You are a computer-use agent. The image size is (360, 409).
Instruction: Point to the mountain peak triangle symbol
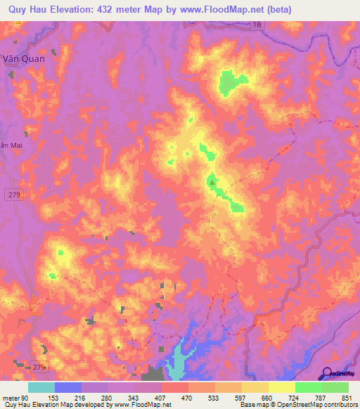pyautogui.click(x=212, y=182)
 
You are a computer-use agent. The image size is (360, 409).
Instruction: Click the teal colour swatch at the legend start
pyautogui.click(x=41, y=387)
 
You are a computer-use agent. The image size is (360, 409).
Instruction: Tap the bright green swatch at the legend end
pyautogui.click(x=335, y=387)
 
